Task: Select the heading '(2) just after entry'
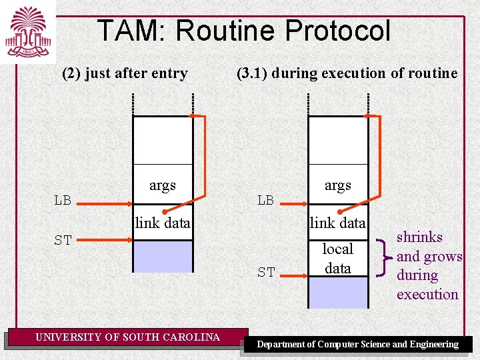(125, 73)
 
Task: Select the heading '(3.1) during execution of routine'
(347, 73)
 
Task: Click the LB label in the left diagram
(63, 200)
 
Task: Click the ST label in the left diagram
(63, 241)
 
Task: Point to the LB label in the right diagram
(265, 200)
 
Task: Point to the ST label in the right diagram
(265, 272)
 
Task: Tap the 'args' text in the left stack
(163, 185)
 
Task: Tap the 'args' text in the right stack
(337, 185)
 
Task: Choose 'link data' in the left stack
(163, 223)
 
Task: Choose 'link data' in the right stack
(337, 223)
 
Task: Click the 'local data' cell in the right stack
(337, 258)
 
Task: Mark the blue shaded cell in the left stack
(163, 256)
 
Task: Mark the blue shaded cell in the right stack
(337, 292)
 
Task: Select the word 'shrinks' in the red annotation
(419, 237)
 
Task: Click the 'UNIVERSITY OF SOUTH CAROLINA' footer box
(127, 337)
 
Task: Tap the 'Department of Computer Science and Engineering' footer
(358, 345)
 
